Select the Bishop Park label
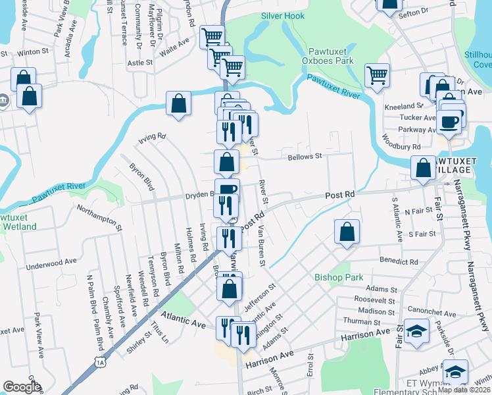point(339,277)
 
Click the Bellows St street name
point(305,157)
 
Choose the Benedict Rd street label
point(399,261)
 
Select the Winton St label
point(29,52)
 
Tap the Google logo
point(22,387)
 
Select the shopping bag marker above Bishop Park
point(347,232)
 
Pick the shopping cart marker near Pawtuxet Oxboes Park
point(376,76)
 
